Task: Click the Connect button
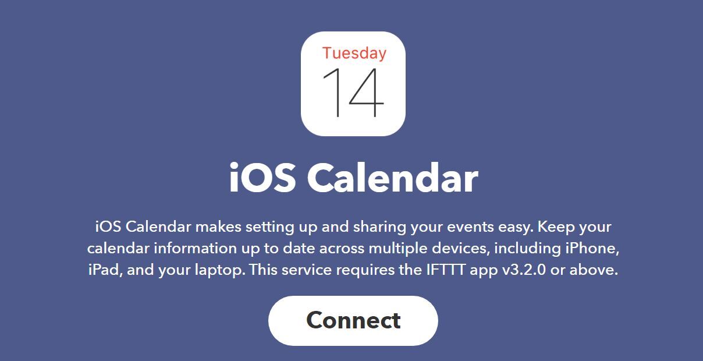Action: (353, 320)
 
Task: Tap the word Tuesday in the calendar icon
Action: (354, 53)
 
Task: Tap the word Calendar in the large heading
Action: (392, 178)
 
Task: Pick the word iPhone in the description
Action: (591, 249)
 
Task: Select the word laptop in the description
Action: (219, 271)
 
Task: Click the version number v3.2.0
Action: (524, 271)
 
